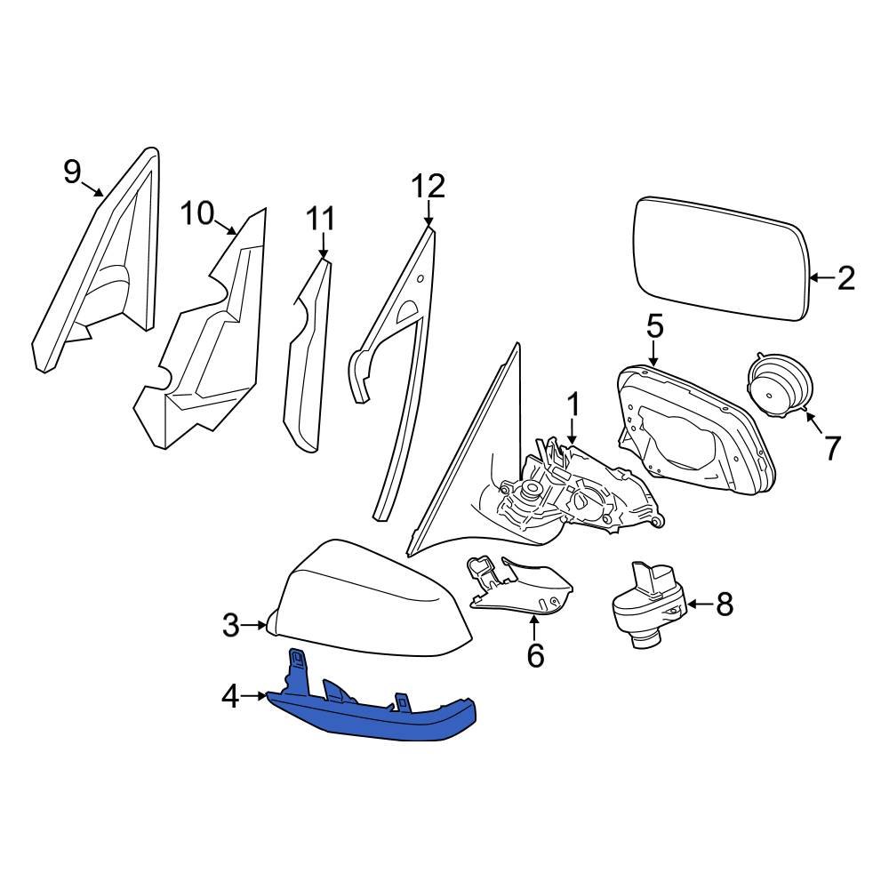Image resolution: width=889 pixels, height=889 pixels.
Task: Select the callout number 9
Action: point(72,171)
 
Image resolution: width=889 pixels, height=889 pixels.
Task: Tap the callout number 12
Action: point(428,187)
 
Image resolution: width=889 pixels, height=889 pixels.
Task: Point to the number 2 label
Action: point(845,278)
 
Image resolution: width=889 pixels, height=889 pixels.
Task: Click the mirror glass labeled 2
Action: point(720,258)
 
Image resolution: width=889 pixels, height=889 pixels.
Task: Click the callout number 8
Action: point(725,605)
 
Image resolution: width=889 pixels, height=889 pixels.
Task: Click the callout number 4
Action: point(230,698)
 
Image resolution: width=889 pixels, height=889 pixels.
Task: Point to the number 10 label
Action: point(198,213)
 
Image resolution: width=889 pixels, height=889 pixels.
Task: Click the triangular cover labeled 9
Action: point(98,267)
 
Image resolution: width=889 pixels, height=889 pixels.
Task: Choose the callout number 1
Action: point(573,406)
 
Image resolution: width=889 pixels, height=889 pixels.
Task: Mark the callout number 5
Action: point(654,326)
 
